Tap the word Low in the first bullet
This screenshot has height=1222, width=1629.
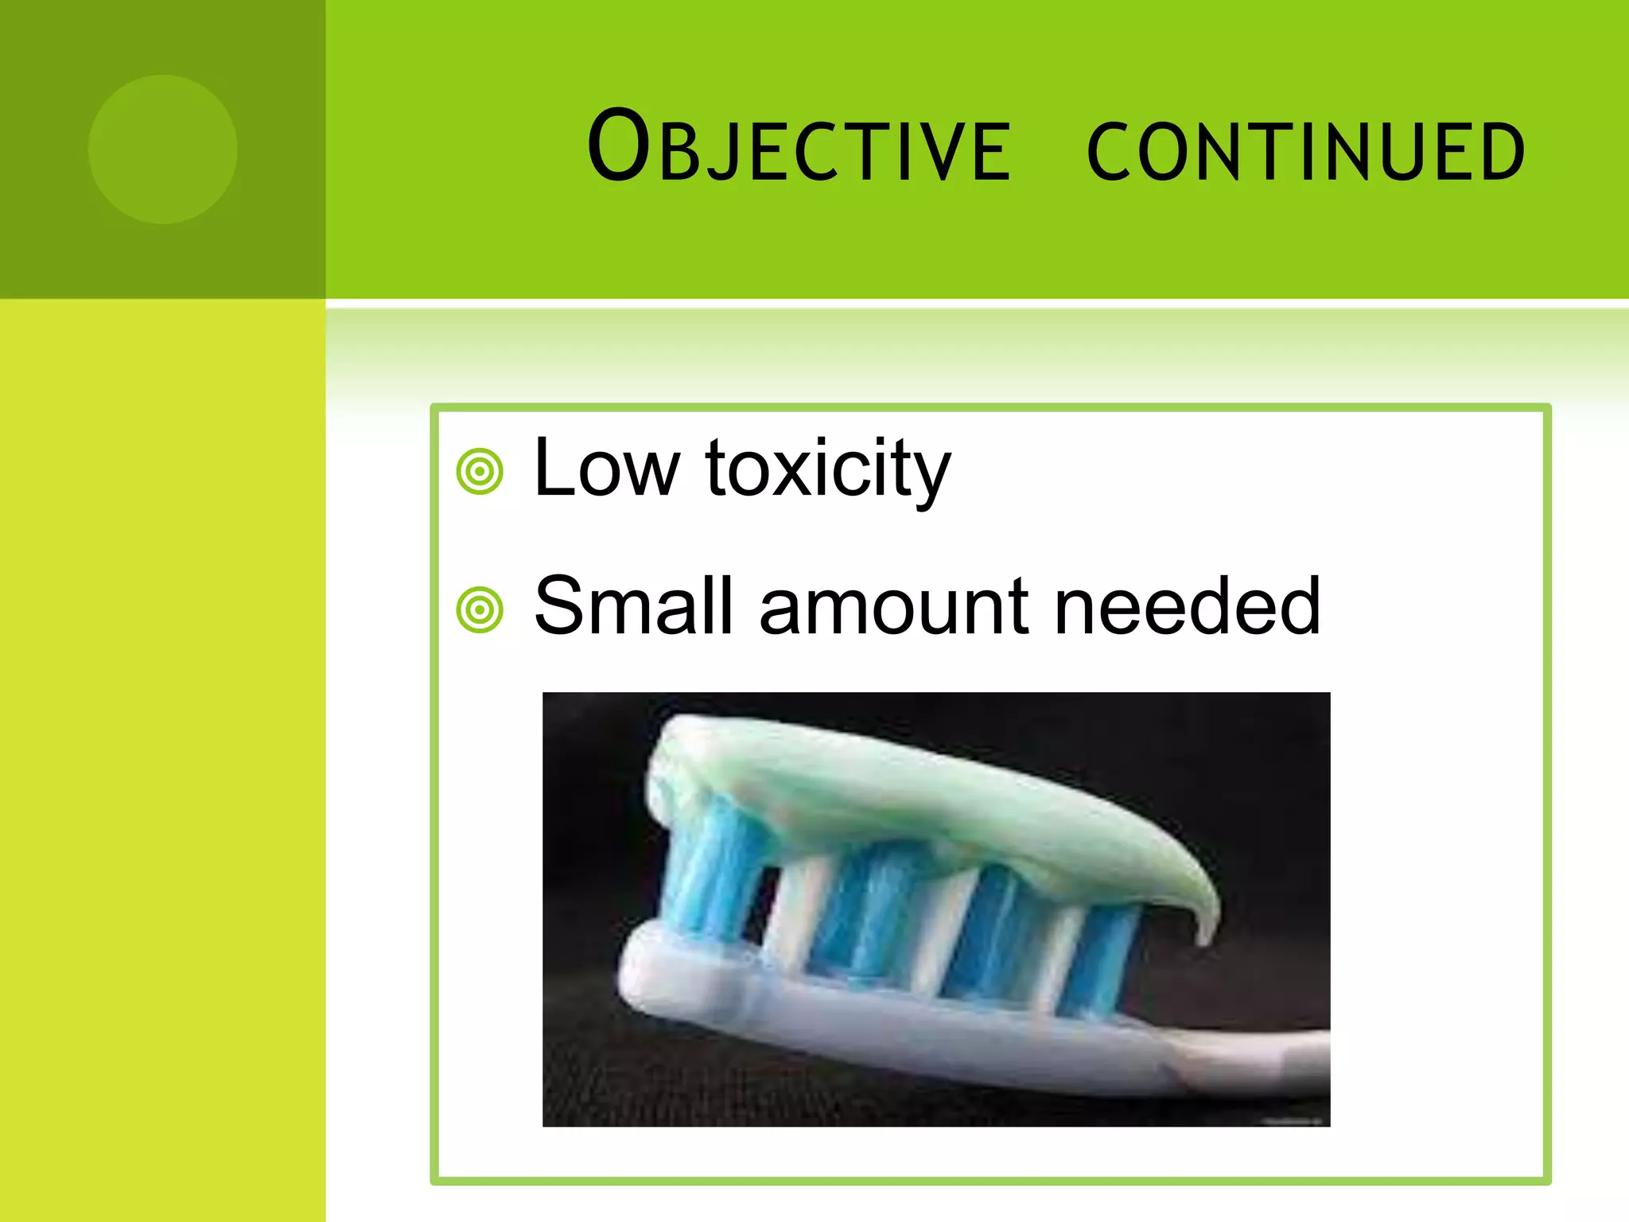(607, 469)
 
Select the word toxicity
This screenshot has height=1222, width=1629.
(827, 471)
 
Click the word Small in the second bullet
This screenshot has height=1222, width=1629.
(632, 607)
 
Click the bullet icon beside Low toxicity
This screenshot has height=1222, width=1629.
(480, 471)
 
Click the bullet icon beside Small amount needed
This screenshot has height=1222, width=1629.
(480, 610)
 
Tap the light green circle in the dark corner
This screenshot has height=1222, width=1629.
(163, 149)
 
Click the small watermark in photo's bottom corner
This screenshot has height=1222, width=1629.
(1293, 1121)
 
